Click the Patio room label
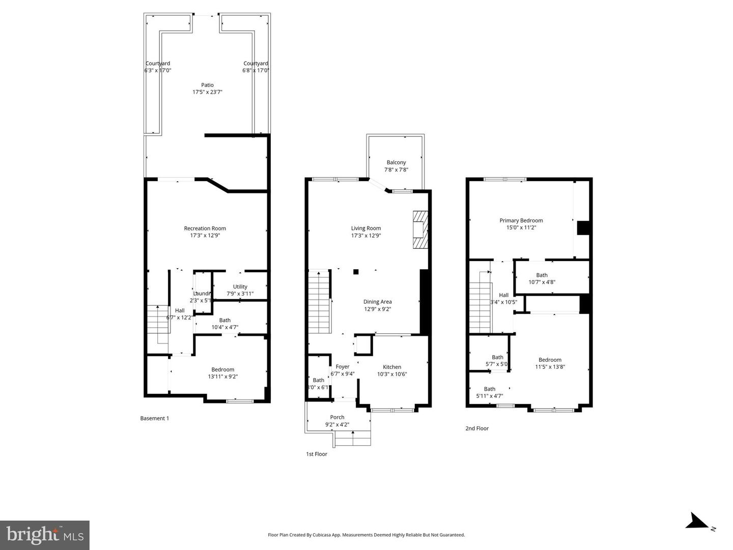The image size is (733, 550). (x=207, y=85)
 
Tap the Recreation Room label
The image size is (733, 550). (x=205, y=228)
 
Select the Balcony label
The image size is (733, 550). (x=396, y=162)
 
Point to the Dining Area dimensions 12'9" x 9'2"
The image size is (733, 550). (x=377, y=309)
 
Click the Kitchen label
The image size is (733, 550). (x=392, y=367)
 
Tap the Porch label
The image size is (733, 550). (x=337, y=417)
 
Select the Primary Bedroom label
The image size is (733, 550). (x=521, y=220)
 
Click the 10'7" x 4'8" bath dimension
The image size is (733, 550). (x=542, y=282)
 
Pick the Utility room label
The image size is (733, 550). (x=240, y=286)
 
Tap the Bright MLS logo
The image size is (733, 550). (x=45, y=535)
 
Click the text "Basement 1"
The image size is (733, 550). (x=154, y=418)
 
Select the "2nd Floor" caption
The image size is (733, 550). (x=476, y=428)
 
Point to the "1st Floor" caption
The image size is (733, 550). (x=316, y=454)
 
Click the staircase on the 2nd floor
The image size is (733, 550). (x=480, y=307)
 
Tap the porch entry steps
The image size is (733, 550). (x=352, y=438)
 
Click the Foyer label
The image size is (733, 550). (x=343, y=366)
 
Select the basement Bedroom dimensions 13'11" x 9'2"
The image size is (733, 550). (x=223, y=377)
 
